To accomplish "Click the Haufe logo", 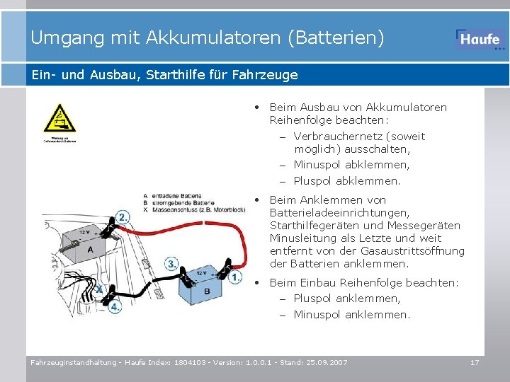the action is pyautogui.click(x=480, y=40).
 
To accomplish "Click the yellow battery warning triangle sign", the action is pyautogui.click(x=58, y=118).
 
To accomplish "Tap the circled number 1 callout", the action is pyautogui.click(x=236, y=277).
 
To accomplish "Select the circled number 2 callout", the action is pyautogui.click(x=123, y=217).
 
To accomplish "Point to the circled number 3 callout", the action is pyautogui.click(x=171, y=264).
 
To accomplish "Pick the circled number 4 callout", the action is pyautogui.click(x=115, y=308).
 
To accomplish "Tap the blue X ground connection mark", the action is pyautogui.click(x=99, y=289).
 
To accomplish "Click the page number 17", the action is pyautogui.click(x=475, y=362).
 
